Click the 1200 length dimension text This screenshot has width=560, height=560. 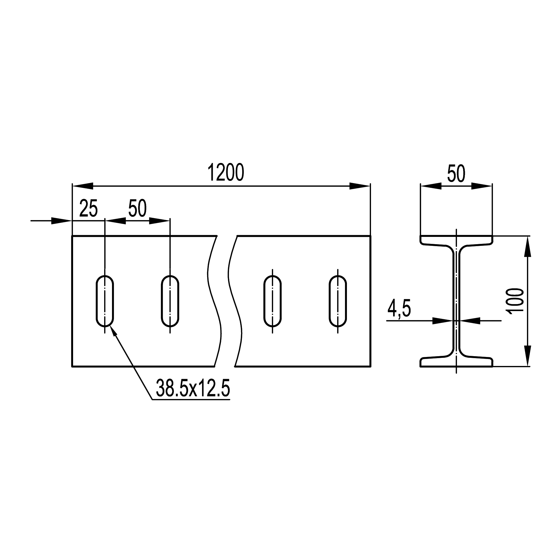(x=226, y=173)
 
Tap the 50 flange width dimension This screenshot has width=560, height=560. (x=456, y=173)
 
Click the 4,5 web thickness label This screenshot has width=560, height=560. (x=399, y=309)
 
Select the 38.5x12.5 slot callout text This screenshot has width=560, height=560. (x=193, y=389)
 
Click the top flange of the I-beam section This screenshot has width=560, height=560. (x=456, y=241)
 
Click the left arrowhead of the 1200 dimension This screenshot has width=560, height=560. (x=83, y=186)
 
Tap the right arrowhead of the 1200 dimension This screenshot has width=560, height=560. (x=360, y=186)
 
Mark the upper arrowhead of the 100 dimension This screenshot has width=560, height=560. (x=528, y=246)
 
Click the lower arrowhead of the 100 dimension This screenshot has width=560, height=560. (x=528, y=356)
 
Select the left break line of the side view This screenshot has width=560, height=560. (x=214, y=302)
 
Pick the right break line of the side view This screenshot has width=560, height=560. (x=235, y=302)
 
